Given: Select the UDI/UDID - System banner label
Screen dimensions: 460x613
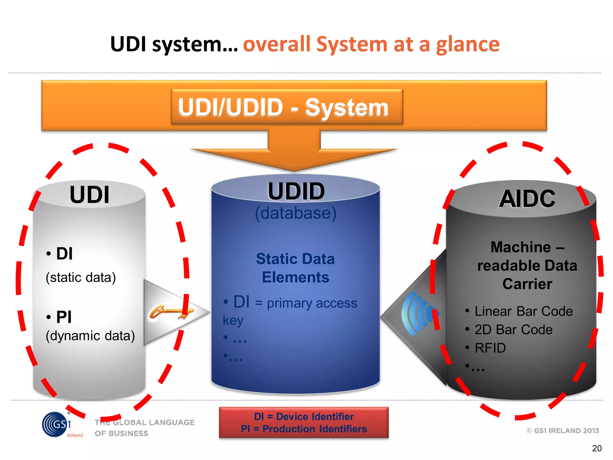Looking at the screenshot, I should click(283, 107).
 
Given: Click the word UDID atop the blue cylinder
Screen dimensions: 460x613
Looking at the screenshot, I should click(296, 191).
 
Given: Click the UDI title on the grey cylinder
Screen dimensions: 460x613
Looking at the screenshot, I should click(89, 195).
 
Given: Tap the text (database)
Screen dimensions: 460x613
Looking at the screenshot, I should click(296, 213).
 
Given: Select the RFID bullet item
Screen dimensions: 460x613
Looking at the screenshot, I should click(490, 348).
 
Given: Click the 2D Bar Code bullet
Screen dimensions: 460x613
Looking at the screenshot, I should click(513, 330).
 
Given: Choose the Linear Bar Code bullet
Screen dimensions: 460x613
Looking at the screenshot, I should click(523, 311).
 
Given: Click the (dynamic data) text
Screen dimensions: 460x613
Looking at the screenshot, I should click(90, 336).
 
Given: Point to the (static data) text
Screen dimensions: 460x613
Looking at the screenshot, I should click(81, 277).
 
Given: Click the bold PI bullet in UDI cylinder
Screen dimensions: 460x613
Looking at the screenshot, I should click(63, 317).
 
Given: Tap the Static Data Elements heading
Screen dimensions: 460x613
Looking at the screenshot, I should click(295, 268).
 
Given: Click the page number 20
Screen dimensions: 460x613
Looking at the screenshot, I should click(597, 448).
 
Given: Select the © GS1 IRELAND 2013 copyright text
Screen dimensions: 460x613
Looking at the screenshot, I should click(562, 431).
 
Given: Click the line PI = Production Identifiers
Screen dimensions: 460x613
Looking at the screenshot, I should click(304, 429).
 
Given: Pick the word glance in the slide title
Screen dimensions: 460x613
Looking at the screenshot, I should click(468, 44).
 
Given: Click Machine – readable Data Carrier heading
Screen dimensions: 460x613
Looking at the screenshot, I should click(527, 265).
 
